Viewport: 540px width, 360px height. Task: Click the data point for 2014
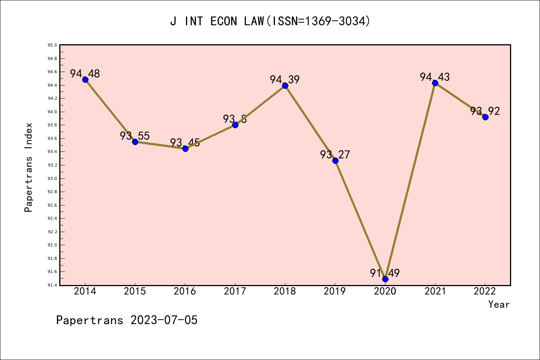85,79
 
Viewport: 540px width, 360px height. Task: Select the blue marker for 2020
385,279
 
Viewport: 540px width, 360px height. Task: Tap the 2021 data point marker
435,83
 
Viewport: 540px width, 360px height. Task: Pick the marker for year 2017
235,125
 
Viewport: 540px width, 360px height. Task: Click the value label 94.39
285,79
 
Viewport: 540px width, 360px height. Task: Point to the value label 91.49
385,273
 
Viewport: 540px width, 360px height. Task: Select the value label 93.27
335,154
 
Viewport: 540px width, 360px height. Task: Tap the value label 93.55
135,136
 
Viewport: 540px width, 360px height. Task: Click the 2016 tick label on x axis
185,291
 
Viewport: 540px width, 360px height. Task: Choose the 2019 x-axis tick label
335,291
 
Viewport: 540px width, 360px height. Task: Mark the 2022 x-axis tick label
485,291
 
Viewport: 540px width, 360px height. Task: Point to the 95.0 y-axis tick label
52,45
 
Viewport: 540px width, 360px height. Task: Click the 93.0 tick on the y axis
52,178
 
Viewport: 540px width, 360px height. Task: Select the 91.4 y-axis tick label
52,285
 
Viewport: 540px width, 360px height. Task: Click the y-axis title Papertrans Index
28,167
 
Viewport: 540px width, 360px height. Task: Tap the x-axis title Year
499,304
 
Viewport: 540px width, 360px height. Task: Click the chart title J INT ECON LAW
270,21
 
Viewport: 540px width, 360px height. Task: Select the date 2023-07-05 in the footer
164,320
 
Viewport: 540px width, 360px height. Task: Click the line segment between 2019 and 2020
360,220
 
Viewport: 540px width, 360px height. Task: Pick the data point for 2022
485,117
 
